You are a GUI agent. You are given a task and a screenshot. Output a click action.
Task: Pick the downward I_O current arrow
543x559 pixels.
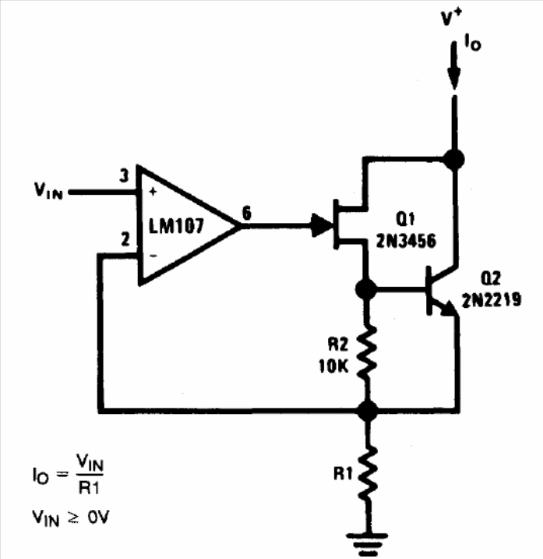pyautogui.click(x=453, y=66)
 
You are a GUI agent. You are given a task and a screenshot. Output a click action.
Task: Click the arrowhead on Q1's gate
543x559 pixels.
pyautogui.click(x=319, y=225)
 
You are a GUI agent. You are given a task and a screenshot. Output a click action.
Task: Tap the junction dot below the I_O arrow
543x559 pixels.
pyautogui.click(x=453, y=158)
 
